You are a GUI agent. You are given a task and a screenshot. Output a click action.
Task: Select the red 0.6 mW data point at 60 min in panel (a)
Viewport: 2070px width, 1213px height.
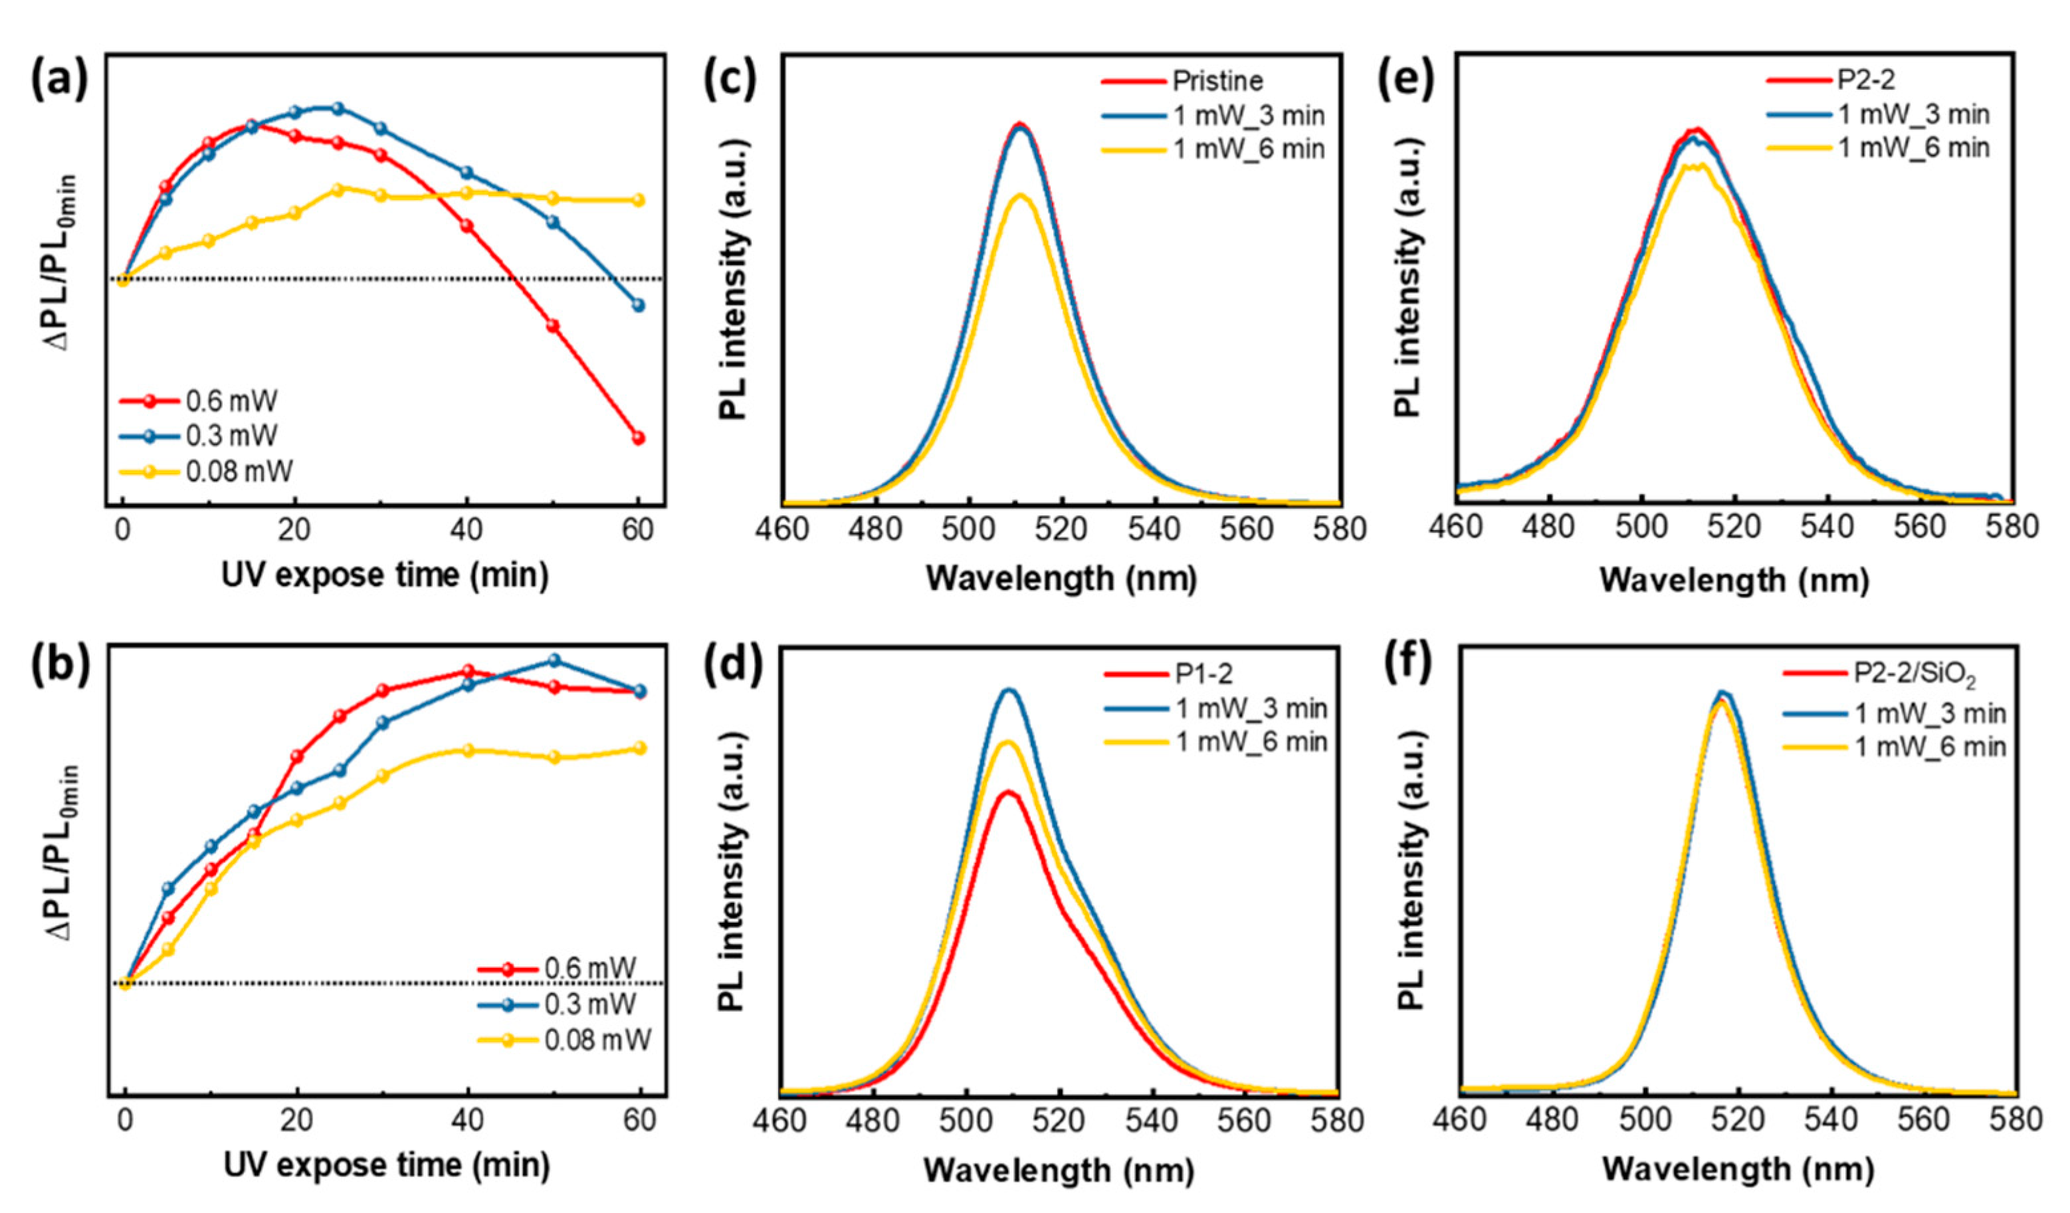[x=638, y=438]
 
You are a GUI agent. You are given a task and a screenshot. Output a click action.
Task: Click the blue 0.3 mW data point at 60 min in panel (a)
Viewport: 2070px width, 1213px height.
[x=638, y=306]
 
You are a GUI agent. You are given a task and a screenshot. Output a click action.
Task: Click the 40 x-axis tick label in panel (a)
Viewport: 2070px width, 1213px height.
[x=466, y=529]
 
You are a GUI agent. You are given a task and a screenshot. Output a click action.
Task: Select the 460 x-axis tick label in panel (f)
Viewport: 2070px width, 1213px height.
[x=1458, y=1120]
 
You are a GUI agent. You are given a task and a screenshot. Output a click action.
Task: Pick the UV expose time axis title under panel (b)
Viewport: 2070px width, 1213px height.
[x=386, y=1166]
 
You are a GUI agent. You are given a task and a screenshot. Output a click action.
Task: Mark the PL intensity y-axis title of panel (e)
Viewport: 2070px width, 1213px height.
[x=1408, y=278]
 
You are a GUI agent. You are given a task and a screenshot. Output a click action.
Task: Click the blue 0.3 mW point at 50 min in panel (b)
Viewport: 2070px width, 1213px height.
[x=554, y=660]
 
